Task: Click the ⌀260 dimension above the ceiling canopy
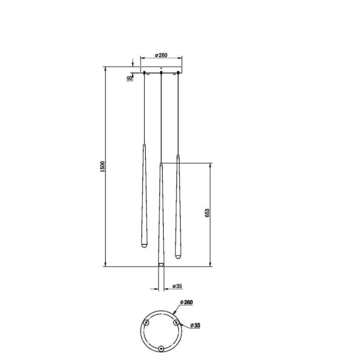pos(160,55)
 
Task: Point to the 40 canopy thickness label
pos(130,78)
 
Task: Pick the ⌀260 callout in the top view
pos(185,303)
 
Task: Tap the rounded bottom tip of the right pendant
pos(178,256)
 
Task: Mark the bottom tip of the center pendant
pos(161,265)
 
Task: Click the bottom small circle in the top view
pos(161,348)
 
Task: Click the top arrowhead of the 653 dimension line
pos(209,164)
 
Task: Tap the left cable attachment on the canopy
pos(144,74)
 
